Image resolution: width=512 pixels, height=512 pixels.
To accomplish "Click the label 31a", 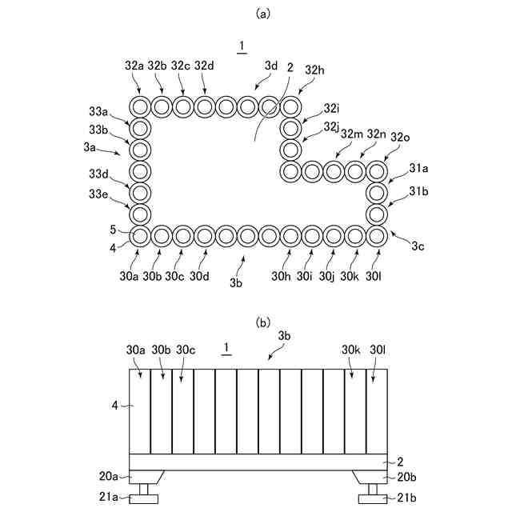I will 420,169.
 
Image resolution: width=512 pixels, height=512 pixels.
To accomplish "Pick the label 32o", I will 400,136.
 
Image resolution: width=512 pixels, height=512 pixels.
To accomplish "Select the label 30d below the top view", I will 200,277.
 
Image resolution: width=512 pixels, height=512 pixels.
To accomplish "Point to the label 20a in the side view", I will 109,476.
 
